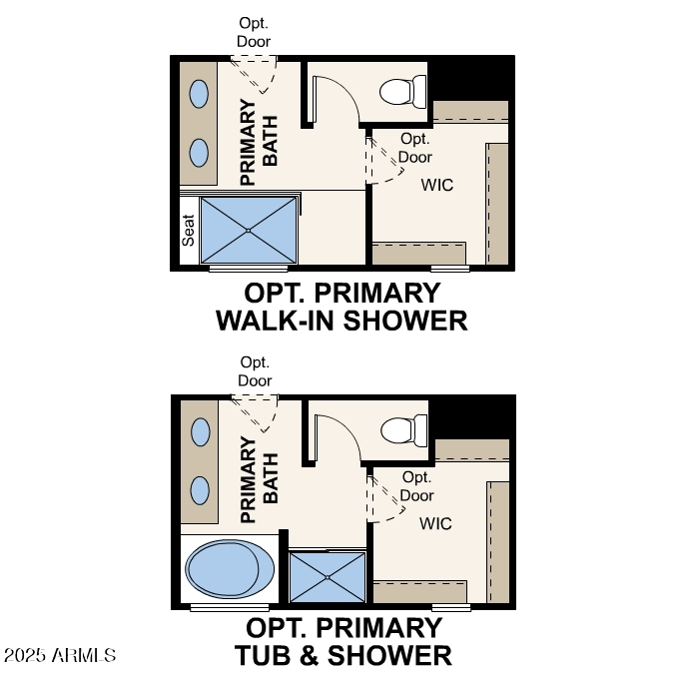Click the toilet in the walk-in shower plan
tap(402, 92)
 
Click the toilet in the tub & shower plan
tap(403, 430)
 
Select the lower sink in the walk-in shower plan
tap(199, 153)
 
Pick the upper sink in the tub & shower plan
tap(200, 432)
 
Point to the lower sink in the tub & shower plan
tap(200, 490)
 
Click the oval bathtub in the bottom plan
tap(230, 570)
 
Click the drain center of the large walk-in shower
tap(249, 231)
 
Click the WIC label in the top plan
tap(436, 185)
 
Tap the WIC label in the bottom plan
tap(436, 523)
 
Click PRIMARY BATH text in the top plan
tap(258, 141)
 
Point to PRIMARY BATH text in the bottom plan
tap(258, 479)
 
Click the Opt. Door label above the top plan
tap(255, 32)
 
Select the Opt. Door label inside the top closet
tap(415, 148)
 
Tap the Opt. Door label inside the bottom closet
tap(417, 486)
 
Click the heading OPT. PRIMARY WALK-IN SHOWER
tap(342, 307)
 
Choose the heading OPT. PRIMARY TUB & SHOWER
tap(343, 641)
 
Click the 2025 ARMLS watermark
tap(60, 655)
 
